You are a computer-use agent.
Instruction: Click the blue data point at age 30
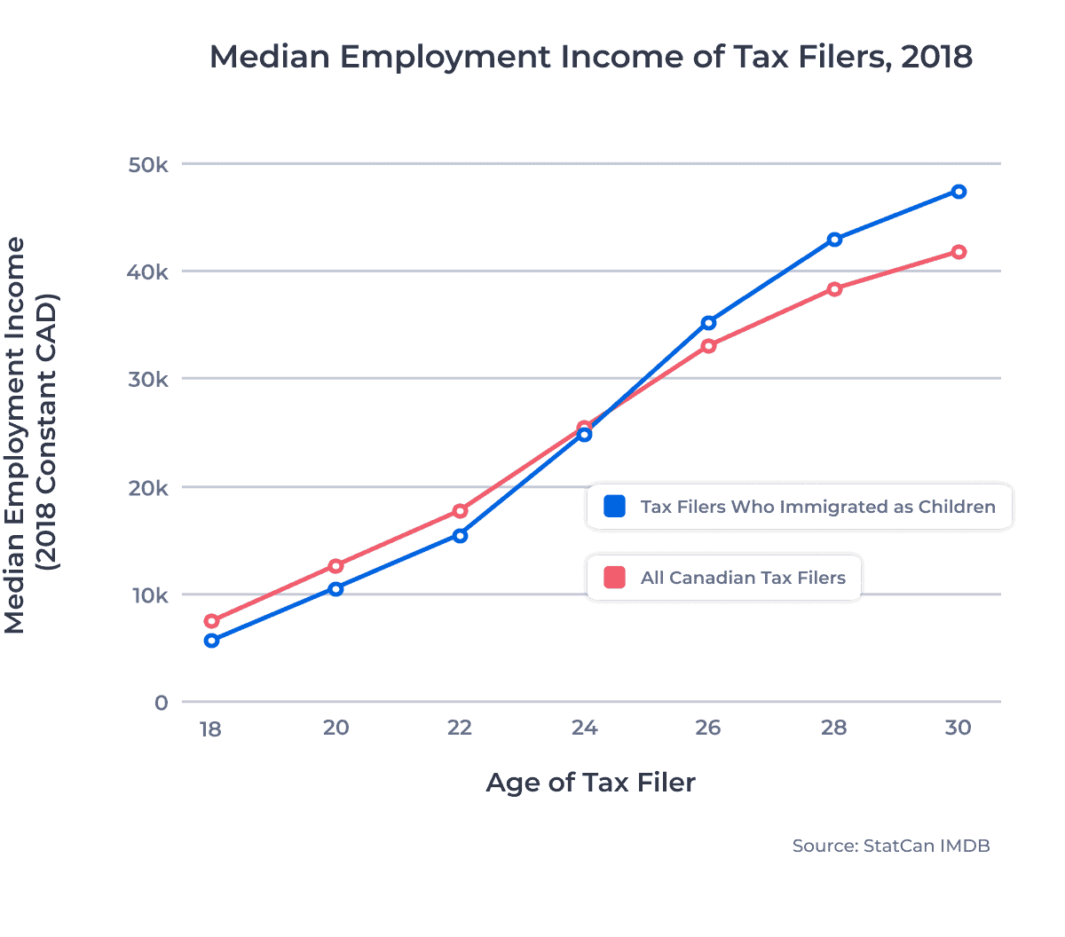tap(958, 192)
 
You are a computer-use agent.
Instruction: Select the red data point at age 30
tap(958, 252)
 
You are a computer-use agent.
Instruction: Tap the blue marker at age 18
tap(211, 641)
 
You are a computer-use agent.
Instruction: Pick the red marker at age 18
tap(211, 621)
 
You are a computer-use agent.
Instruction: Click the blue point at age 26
tap(708, 323)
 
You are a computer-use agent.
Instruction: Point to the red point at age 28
tap(834, 289)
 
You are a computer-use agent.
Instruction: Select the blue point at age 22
tap(460, 536)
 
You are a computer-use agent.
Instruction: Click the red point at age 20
tap(335, 566)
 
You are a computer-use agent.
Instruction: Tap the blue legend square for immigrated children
tap(614, 507)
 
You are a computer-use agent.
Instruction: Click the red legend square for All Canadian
tap(614, 578)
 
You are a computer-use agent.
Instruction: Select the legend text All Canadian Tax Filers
tap(743, 578)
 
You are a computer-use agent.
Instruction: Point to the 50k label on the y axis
tap(147, 165)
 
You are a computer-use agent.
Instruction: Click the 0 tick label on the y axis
tap(161, 703)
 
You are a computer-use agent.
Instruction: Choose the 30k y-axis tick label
tap(147, 380)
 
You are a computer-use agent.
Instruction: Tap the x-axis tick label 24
tap(584, 728)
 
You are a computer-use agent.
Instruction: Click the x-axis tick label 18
tap(210, 729)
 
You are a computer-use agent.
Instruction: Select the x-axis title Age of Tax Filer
tap(590, 783)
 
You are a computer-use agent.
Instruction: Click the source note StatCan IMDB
tap(890, 846)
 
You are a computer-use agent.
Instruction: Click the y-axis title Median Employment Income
tap(16, 435)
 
